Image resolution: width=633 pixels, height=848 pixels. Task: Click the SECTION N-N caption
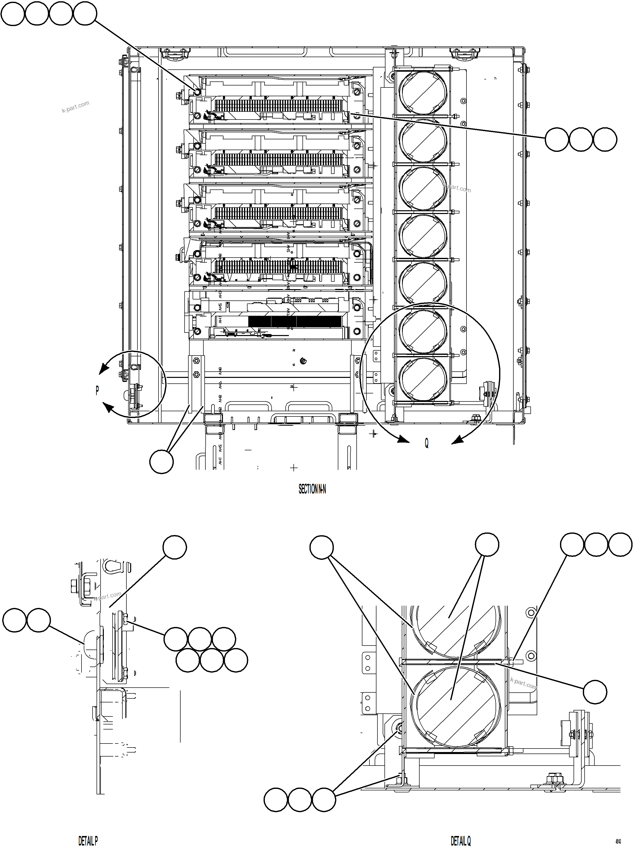coord(312,489)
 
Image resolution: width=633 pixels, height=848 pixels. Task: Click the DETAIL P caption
coord(88,841)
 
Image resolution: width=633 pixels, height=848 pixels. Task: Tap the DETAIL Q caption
coord(460,841)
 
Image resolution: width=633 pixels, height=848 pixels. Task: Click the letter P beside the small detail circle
coord(97,390)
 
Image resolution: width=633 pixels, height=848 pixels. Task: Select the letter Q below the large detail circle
coord(426,443)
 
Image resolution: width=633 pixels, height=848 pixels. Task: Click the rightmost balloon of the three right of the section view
coord(605,139)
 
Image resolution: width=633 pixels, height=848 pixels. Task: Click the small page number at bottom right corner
coord(618,841)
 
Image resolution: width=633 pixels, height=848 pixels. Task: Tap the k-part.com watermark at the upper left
coord(75,107)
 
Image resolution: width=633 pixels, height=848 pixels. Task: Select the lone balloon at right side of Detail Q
coord(595,692)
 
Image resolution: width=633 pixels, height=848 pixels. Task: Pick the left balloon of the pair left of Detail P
coord(15,620)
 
